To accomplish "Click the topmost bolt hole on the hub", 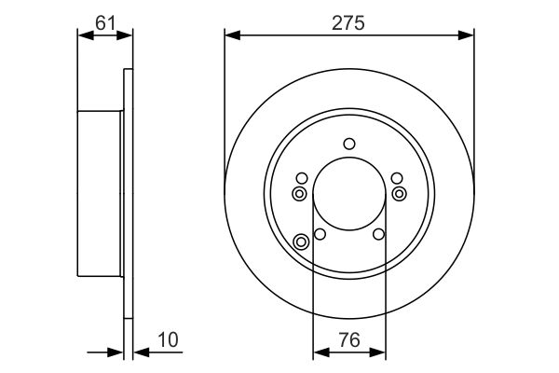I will point(349,144).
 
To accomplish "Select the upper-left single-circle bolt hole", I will point(301,179).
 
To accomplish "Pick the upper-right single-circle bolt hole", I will point(398,179).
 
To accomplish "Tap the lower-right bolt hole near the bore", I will point(379,234).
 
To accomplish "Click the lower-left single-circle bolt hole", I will point(320,234).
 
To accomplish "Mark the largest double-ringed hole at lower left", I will point(301,242).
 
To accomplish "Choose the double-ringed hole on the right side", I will point(400,193).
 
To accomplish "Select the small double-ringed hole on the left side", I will point(299,193).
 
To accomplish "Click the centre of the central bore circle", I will point(349,195).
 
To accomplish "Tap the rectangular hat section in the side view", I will point(100,194).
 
